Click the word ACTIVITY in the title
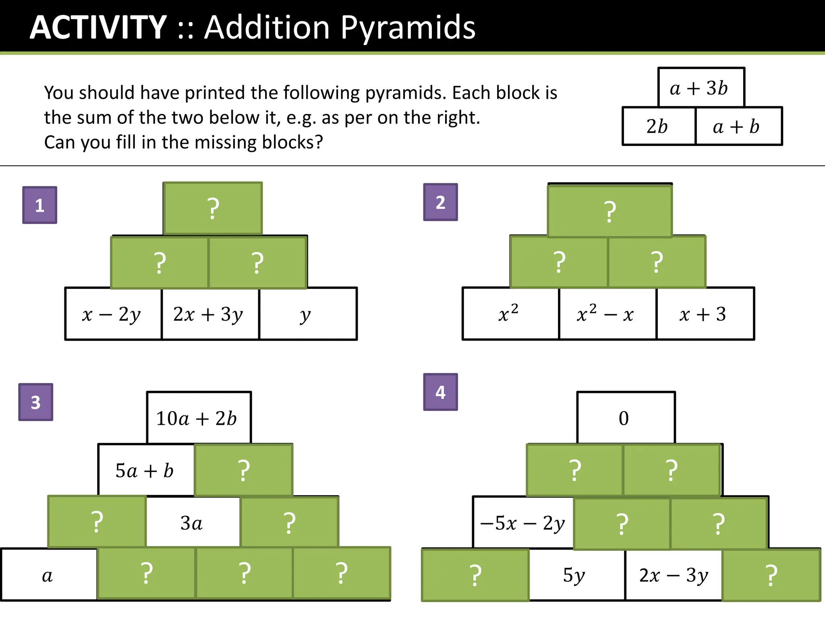(x=98, y=27)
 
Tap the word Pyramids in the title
(x=408, y=27)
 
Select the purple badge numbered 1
(x=39, y=205)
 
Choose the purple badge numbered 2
(x=440, y=202)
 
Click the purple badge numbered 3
(x=36, y=402)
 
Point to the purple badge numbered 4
(x=440, y=392)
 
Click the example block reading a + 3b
(x=701, y=87)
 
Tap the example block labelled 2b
(x=659, y=126)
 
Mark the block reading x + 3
(x=705, y=314)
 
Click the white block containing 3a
(x=193, y=523)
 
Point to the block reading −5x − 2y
(x=523, y=523)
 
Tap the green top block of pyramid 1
(x=213, y=208)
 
